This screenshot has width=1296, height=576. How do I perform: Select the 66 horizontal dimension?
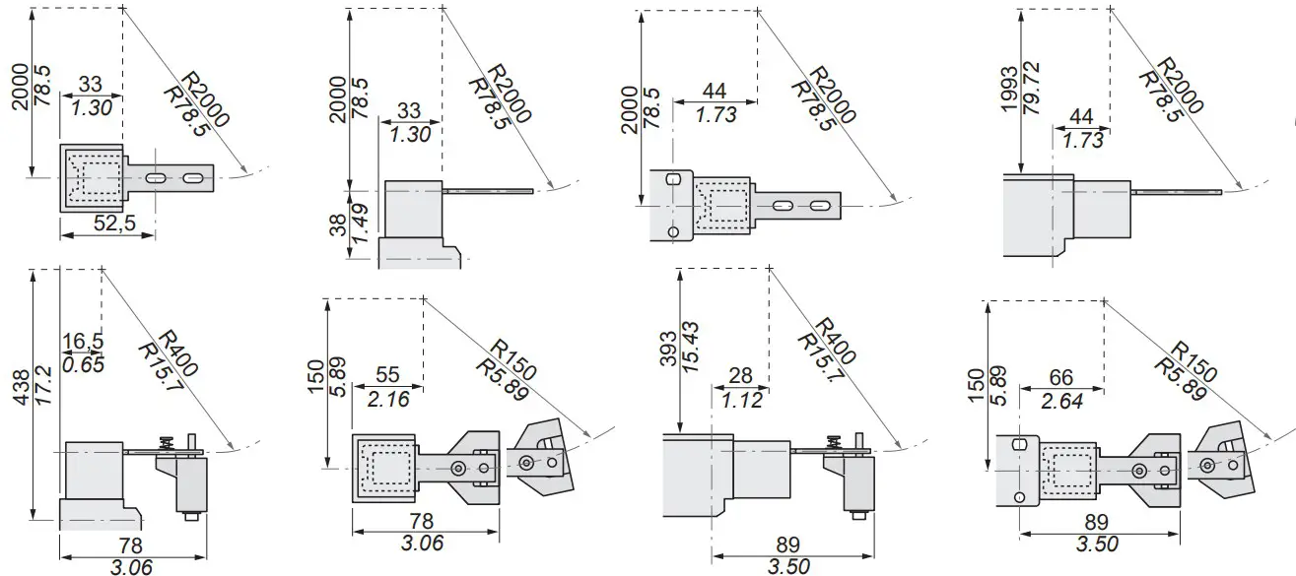click(1060, 377)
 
